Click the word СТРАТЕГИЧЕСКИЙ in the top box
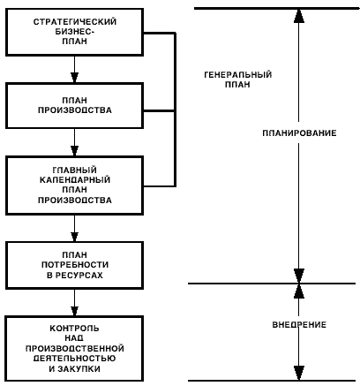click(x=75, y=22)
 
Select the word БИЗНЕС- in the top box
click(x=75, y=32)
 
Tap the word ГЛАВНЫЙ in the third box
click(x=75, y=170)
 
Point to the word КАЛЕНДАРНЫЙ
click(x=75, y=179)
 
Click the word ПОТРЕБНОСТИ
click(x=75, y=265)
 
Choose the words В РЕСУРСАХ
click(x=75, y=275)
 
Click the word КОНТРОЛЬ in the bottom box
click(x=75, y=329)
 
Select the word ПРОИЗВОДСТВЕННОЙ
click(x=75, y=349)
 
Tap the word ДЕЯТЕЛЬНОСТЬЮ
click(x=75, y=359)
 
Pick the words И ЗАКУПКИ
click(x=75, y=368)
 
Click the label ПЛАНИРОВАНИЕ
click(x=299, y=133)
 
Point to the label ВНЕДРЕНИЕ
click(x=299, y=325)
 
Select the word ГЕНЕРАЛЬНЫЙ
click(x=237, y=74)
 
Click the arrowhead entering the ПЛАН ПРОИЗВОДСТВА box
click(x=75, y=78)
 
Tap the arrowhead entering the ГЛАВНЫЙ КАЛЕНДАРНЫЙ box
click(x=75, y=151)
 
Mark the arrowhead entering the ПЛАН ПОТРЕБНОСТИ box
click(x=75, y=237)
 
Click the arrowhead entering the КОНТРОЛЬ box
click(x=75, y=312)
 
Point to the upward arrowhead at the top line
click(x=299, y=16)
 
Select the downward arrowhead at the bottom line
click(x=299, y=373)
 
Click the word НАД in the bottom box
click(x=75, y=338)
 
